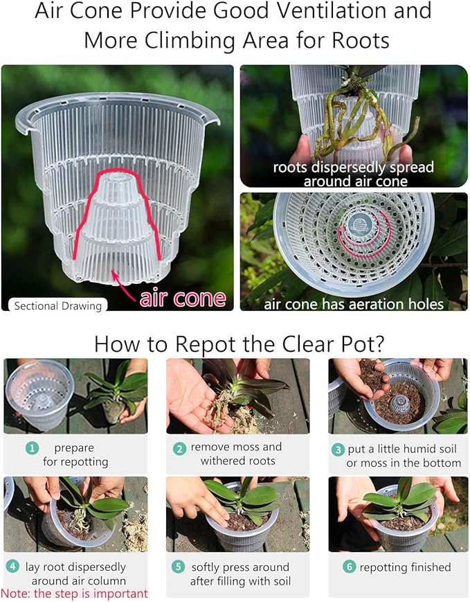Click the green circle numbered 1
tap(32, 448)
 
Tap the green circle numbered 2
tap(179, 448)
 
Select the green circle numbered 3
tap(338, 450)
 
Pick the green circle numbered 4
tap(12, 566)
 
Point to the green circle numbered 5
tap(178, 567)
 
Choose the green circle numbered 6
tap(349, 567)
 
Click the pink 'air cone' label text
tap(183, 299)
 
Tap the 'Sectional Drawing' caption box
tap(57, 306)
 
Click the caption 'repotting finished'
tap(405, 567)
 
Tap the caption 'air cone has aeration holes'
tap(353, 304)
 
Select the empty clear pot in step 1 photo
tap(39, 393)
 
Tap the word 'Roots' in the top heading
tap(361, 40)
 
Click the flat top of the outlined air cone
tap(116, 177)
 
